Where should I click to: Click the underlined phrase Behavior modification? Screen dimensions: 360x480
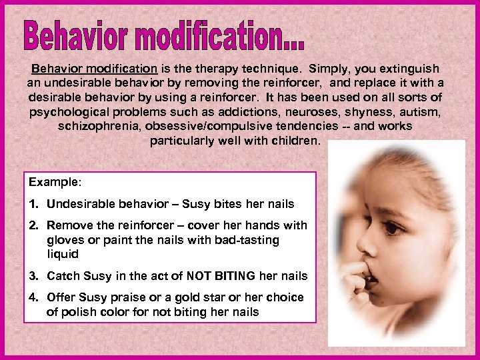(94, 69)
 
